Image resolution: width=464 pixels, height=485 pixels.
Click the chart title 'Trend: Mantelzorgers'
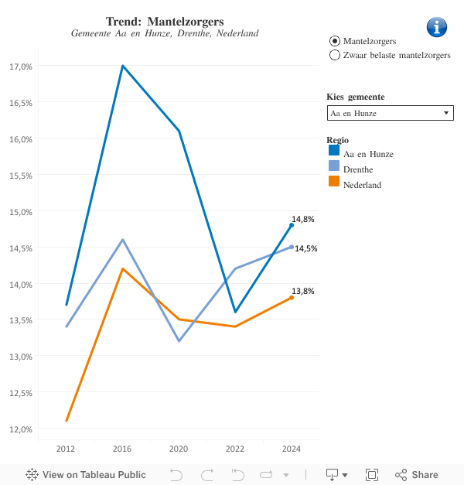(x=165, y=20)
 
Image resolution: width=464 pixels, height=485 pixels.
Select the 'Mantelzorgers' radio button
(x=335, y=40)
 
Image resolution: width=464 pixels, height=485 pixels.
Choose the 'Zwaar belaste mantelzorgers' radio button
(x=335, y=55)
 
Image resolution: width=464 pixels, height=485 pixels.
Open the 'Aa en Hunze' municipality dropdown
(x=390, y=113)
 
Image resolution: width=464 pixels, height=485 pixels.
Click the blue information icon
(x=437, y=27)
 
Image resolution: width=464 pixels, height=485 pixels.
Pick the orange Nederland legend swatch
(x=334, y=182)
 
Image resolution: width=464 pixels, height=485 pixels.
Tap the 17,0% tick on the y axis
(x=20, y=67)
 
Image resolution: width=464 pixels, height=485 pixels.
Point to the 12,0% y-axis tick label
(x=20, y=429)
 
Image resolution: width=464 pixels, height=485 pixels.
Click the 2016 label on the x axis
(x=122, y=449)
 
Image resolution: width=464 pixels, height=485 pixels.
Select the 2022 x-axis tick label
(x=235, y=449)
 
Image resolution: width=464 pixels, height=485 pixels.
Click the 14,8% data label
(x=302, y=219)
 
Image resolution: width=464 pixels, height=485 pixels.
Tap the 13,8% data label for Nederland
(x=302, y=291)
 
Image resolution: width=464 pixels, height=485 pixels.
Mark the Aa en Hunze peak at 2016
(x=122, y=66)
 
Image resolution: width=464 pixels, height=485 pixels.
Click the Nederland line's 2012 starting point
(x=67, y=421)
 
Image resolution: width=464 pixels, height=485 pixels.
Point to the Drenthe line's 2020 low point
(x=179, y=341)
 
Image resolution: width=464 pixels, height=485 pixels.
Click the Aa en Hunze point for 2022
(x=235, y=313)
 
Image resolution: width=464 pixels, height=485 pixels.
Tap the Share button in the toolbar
(x=416, y=475)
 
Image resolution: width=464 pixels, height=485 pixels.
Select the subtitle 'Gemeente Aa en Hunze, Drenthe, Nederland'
(x=165, y=33)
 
